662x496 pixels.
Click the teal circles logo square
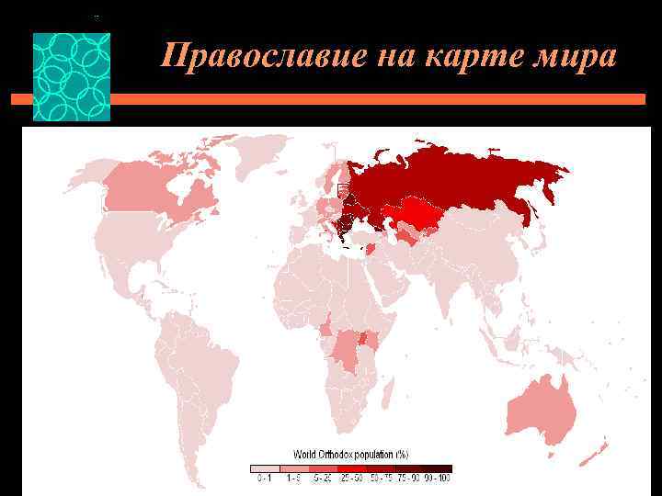coord(72,77)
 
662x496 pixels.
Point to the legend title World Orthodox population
coord(350,454)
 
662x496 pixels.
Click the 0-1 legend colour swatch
coord(264,468)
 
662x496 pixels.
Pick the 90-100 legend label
coord(439,478)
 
